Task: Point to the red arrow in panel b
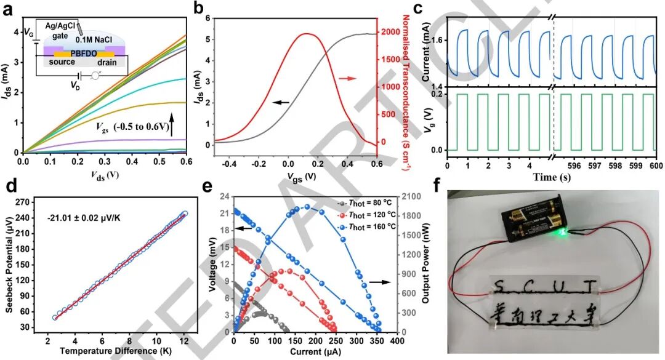coord(348,78)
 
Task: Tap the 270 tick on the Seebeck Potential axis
coord(32,201)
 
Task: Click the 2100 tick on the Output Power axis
coord(409,196)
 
